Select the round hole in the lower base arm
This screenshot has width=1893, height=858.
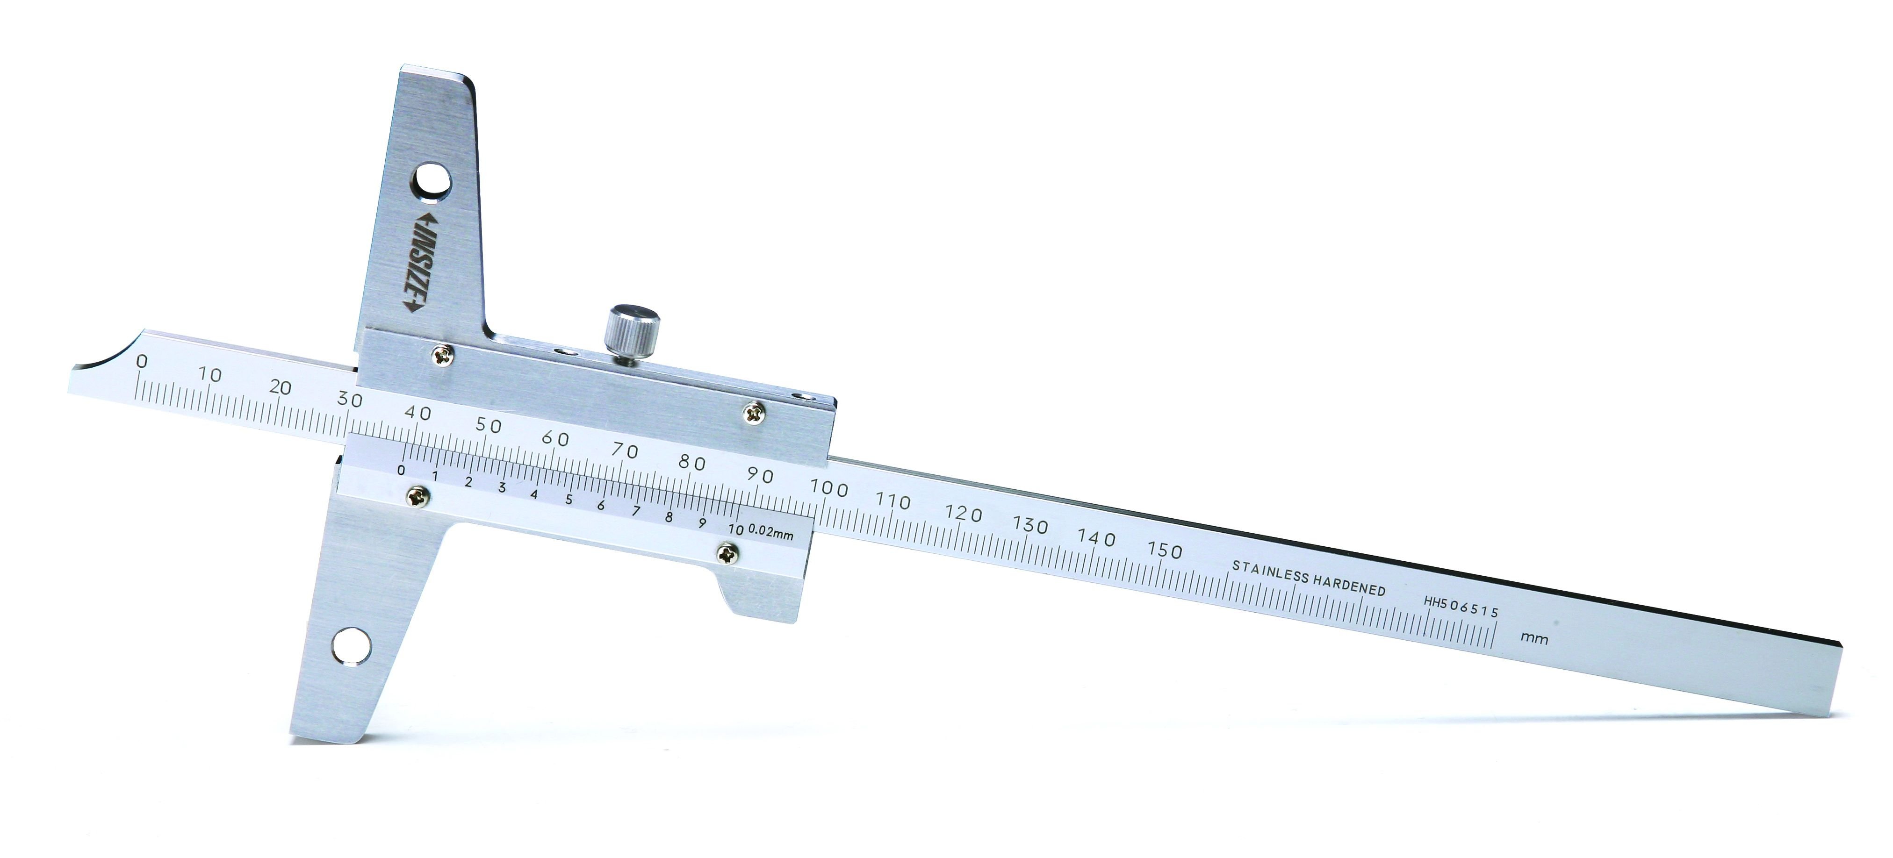351,647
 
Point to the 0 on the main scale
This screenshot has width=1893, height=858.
142,361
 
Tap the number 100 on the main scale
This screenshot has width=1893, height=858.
828,488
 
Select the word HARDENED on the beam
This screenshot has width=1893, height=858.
1350,585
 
